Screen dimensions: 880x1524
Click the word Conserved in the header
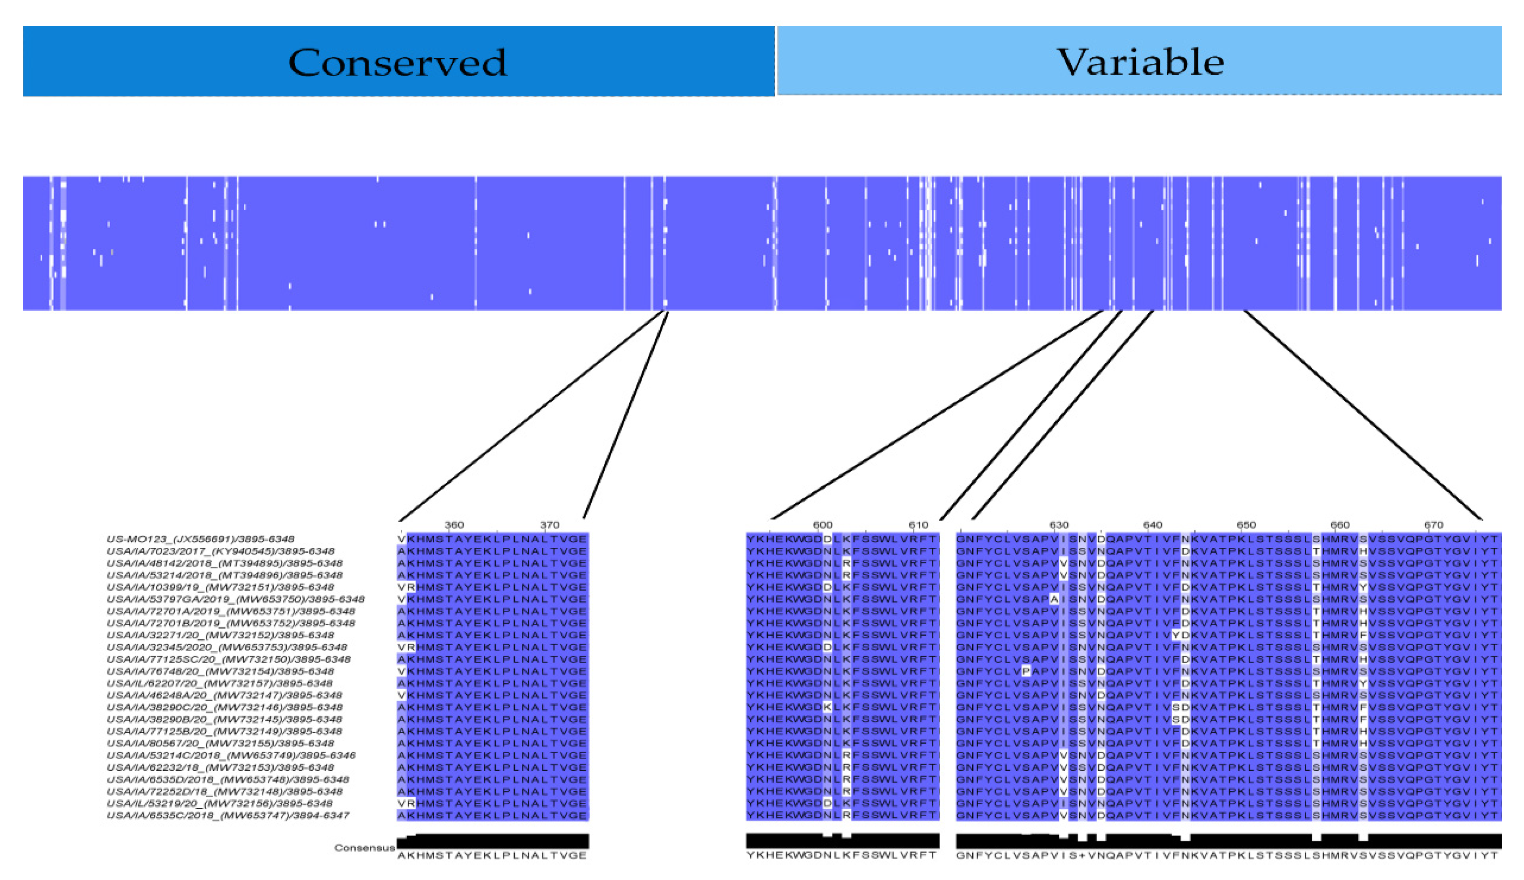pos(398,62)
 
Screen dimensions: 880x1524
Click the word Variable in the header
pos(1140,62)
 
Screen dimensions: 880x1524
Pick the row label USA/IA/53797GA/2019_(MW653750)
pos(236,599)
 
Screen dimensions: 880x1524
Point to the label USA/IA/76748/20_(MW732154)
pos(220,671)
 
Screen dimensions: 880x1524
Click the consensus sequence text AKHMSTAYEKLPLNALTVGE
pos(492,855)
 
